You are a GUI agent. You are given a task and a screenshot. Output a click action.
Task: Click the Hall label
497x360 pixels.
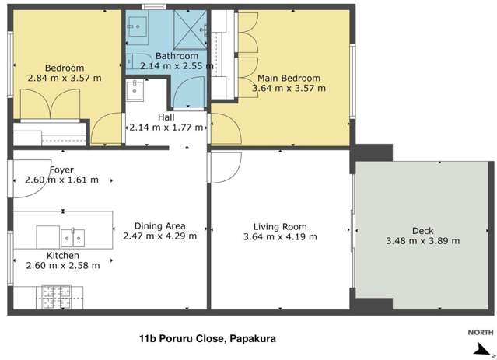coord(166,117)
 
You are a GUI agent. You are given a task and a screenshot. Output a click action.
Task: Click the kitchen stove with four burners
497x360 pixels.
coord(55,295)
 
